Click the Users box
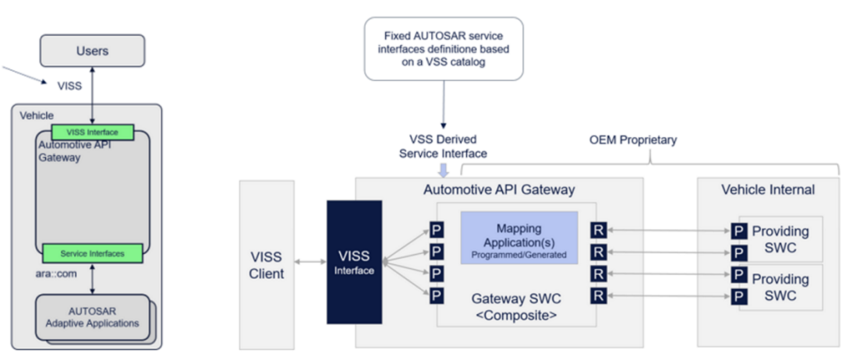click(92, 51)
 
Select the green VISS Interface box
click(92, 132)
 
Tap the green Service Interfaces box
click(92, 253)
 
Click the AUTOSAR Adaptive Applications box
click(92, 317)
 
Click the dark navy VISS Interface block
click(355, 262)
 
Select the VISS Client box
click(267, 265)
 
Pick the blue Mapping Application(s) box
click(519, 237)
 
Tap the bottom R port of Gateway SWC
click(599, 295)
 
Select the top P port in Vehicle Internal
click(739, 231)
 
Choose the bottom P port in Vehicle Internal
click(739, 296)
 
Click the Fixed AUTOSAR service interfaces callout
click(444, 49)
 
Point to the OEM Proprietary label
click(633, 140)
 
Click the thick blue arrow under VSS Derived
click(444, 170)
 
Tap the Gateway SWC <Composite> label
click(516, 306)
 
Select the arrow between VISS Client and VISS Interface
click(310, 262)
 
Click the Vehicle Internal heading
click(768, 189)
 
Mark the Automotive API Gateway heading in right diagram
click(500, 189)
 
